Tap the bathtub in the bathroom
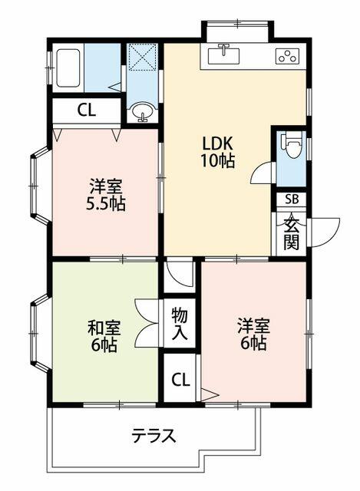coord(67,68)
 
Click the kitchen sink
coord(224,54)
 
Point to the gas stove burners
coord(288,56)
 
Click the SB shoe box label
coord(291,199)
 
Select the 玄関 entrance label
coord(291,232)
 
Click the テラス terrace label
coord(153,437)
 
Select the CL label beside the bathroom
coord(86,110)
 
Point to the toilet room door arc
coord(262,173)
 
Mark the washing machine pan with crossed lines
coord(143,58)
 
